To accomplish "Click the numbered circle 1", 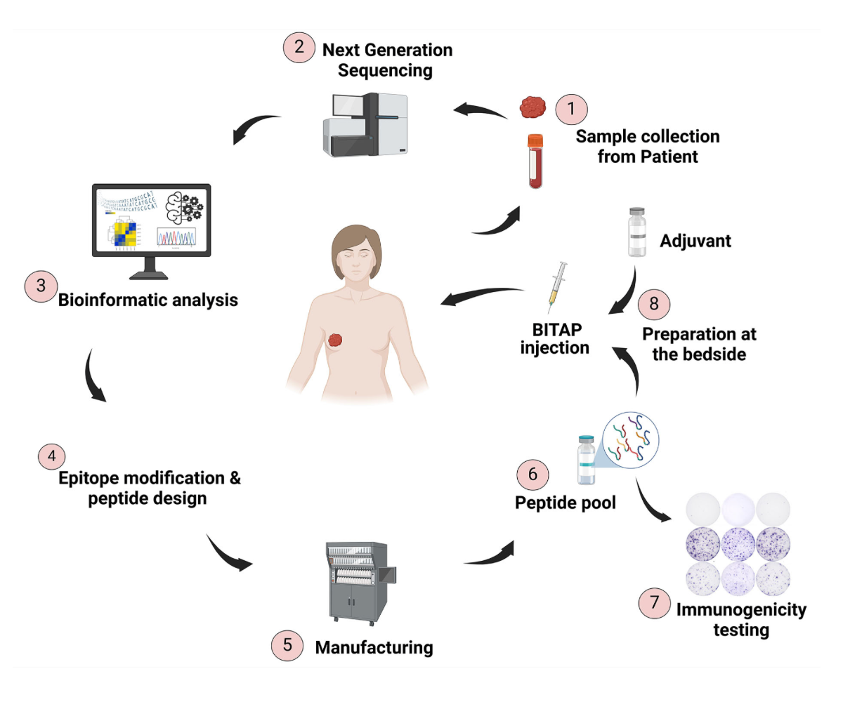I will tap(571, 109).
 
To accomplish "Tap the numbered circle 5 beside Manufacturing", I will tap(287, 644).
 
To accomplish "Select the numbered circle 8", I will tap(654, 303).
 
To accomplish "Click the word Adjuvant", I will tap(695, 241).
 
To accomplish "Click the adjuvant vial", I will tap(637, 232).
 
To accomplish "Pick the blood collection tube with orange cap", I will tap(536, 161).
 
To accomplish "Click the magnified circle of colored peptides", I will tap(631, 441).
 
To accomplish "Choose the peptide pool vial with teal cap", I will tap(586, 460).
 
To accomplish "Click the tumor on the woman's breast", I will tap(336, 340).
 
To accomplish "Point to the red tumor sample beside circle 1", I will tap(532, 107).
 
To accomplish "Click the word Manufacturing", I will tap(374, 647).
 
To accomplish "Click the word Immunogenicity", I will tap(741, 610).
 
